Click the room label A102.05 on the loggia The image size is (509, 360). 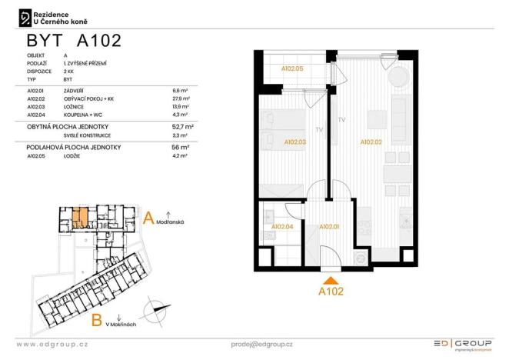tap(292, 68)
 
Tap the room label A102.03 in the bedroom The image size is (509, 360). tap(295, 142)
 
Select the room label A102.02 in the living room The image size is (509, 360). tap(371, 142)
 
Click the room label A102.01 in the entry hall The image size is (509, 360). tap(329, 227)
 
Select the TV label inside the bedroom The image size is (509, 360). tap(318, 130)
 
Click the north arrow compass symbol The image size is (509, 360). tap(154, 313)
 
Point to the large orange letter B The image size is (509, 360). tap(97, 320)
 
